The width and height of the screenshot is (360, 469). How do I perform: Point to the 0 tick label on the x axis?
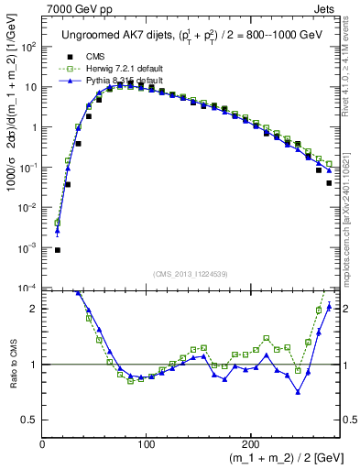click(43, 443)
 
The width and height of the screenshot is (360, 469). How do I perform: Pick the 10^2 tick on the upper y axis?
click(29, 47)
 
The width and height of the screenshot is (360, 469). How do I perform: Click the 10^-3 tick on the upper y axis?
click(29, 248)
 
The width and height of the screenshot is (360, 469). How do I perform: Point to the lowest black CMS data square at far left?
click(58, 249)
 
